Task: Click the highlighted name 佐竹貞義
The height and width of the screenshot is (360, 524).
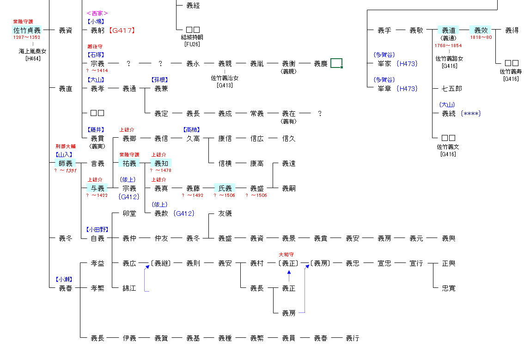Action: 27,31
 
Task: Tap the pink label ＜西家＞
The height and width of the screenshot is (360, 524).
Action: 97,13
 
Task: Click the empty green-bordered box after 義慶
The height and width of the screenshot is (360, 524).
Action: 336,63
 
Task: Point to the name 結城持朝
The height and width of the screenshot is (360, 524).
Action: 192,37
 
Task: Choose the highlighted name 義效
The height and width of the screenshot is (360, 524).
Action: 481,31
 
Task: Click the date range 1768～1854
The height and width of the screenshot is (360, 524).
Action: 448,45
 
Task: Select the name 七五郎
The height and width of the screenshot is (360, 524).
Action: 451,88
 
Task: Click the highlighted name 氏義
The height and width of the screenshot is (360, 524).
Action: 225,188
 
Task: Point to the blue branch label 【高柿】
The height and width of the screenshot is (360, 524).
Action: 193,130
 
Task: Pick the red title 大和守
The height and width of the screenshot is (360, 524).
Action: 286,255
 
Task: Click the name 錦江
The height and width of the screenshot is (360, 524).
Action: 129,288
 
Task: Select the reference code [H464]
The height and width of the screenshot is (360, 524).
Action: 33,58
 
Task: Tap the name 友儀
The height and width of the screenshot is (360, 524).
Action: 225,214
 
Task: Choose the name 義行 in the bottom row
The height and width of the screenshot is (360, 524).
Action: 353,338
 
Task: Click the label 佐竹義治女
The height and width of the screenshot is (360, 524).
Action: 225,78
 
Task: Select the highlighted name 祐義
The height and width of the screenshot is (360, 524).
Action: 129,163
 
